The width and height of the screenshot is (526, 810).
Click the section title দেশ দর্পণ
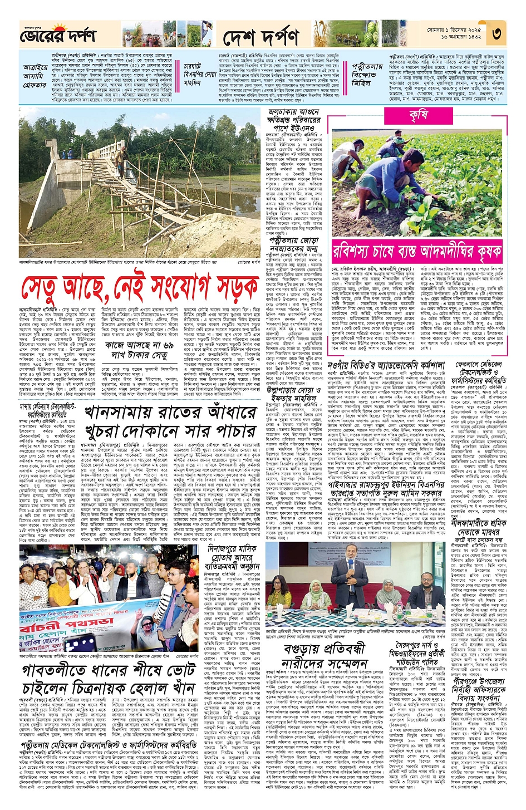pos(261,37)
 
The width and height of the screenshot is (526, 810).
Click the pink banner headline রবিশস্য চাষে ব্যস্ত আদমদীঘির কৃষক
pos(417,252)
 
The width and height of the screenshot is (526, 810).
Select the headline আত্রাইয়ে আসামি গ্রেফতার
pos(35,76)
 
